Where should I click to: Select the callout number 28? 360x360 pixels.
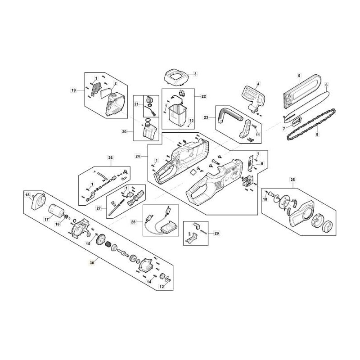133,222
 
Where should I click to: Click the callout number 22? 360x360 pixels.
204,96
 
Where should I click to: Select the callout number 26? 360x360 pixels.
109,158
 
